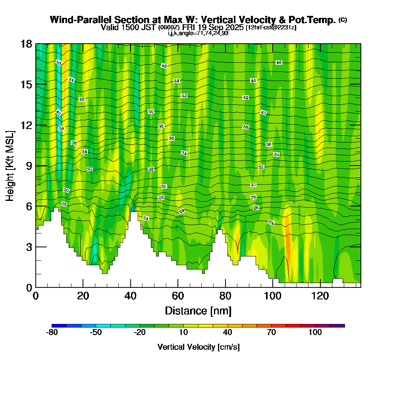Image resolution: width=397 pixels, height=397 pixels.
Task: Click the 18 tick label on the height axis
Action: tap(26, 44)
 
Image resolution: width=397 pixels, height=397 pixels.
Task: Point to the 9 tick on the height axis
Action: tap(36, 166)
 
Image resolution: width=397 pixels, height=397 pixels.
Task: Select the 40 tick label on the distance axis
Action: tap(130, 296)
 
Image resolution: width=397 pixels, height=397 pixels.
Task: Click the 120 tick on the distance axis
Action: tap(320, 287)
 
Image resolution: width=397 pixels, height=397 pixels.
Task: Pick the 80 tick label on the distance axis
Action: tap(225, 296)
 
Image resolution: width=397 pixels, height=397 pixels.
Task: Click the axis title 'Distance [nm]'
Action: tap(198, 310)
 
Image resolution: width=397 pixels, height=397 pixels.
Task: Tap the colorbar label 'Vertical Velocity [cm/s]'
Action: tap(198, 347)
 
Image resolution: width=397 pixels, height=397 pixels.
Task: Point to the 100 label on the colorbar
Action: tap(315, 333)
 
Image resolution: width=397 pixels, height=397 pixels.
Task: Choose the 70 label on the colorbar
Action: tap(271, 333)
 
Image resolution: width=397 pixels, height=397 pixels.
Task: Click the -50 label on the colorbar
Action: tap(96, 333)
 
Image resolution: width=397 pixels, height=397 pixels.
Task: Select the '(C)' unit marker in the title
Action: tap(343, 19)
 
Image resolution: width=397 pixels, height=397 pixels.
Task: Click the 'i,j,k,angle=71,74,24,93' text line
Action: tap(198, 33)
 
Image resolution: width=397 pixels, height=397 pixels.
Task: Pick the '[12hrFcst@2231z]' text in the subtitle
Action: tap(271, 27)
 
